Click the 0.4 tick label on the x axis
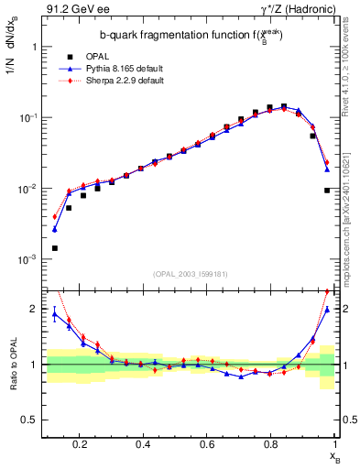pos(142,444)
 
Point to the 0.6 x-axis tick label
pos(206,444)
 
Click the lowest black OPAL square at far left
pos(54,248)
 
